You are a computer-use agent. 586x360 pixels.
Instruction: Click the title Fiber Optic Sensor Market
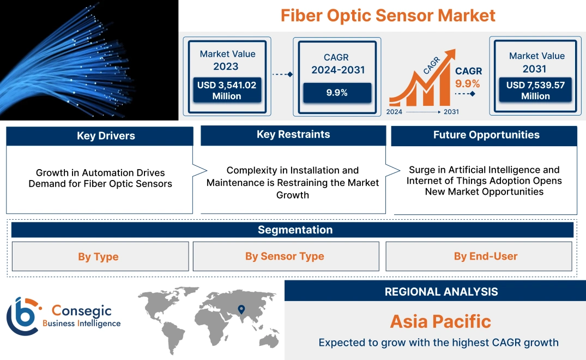[x=388, y=15]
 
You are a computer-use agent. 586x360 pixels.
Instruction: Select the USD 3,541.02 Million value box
[x=226, y=90]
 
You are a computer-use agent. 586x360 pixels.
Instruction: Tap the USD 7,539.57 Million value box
[x=535, y=90]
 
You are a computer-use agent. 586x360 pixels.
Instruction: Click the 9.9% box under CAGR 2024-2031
[x=337, y=93]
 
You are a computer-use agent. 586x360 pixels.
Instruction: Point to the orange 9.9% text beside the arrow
[x=467, y=83]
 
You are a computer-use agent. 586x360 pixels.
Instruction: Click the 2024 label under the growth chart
[x=395, y=112]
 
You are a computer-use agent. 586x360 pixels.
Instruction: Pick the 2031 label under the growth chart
[x=451, y=112]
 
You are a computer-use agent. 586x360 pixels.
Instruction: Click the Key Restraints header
[x=293, y=135]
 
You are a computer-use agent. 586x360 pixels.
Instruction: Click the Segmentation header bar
[x=295, y=230]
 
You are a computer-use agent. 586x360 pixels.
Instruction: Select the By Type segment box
[x=98, y=256]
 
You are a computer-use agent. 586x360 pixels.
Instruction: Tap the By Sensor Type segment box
[x=285, y=256]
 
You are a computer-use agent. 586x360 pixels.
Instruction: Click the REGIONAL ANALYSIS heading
[x=441, y=292]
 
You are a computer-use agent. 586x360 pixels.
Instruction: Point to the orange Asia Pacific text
[x=440, y=321]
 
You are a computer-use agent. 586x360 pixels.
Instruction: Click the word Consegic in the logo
[x=81, y=311]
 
